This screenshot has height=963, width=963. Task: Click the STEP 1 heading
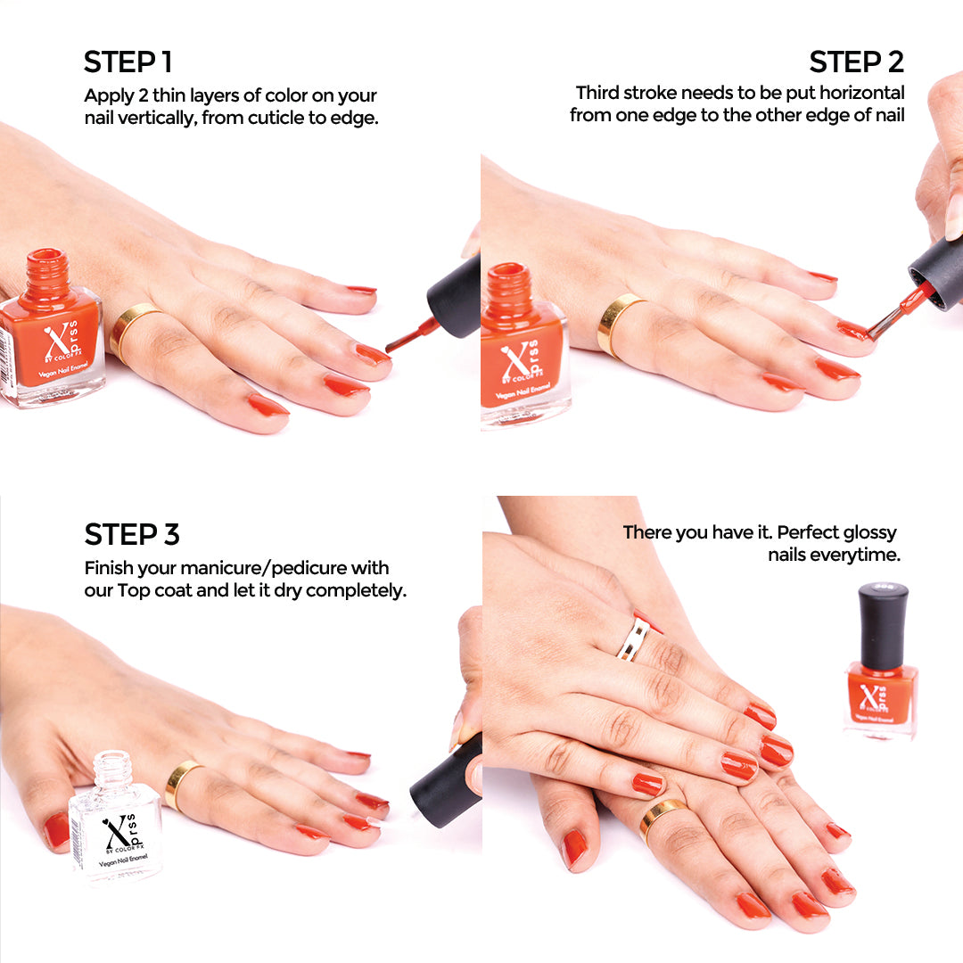(128, 62)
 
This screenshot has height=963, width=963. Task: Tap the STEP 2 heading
(856, 62)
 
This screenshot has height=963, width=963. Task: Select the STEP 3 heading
(131, 534)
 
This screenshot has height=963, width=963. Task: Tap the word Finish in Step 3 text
(109, 568)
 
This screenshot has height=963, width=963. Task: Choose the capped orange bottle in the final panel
(881, 664)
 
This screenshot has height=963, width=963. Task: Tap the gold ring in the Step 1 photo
(131, 329)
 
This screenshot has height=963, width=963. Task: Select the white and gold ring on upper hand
(634, 638)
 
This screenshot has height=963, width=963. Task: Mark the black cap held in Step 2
(935, 271)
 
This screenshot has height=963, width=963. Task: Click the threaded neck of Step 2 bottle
(508, 284)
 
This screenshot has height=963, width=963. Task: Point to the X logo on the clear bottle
(116, 834)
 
